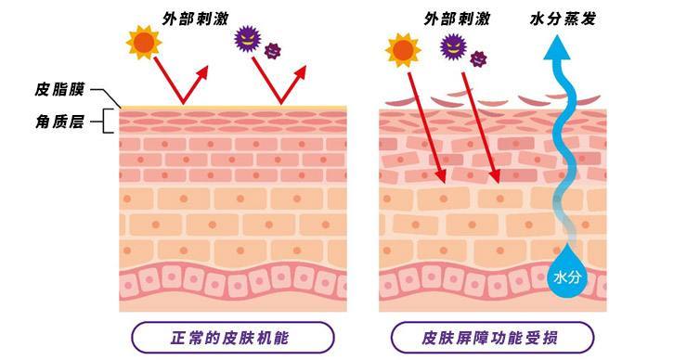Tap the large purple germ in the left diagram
tap(248, 38)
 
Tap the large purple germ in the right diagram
tap(453, 44)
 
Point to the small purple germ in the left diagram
tap(272, 50)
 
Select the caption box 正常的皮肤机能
tap(231, 337)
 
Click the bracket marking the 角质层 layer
tap(110, 121)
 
